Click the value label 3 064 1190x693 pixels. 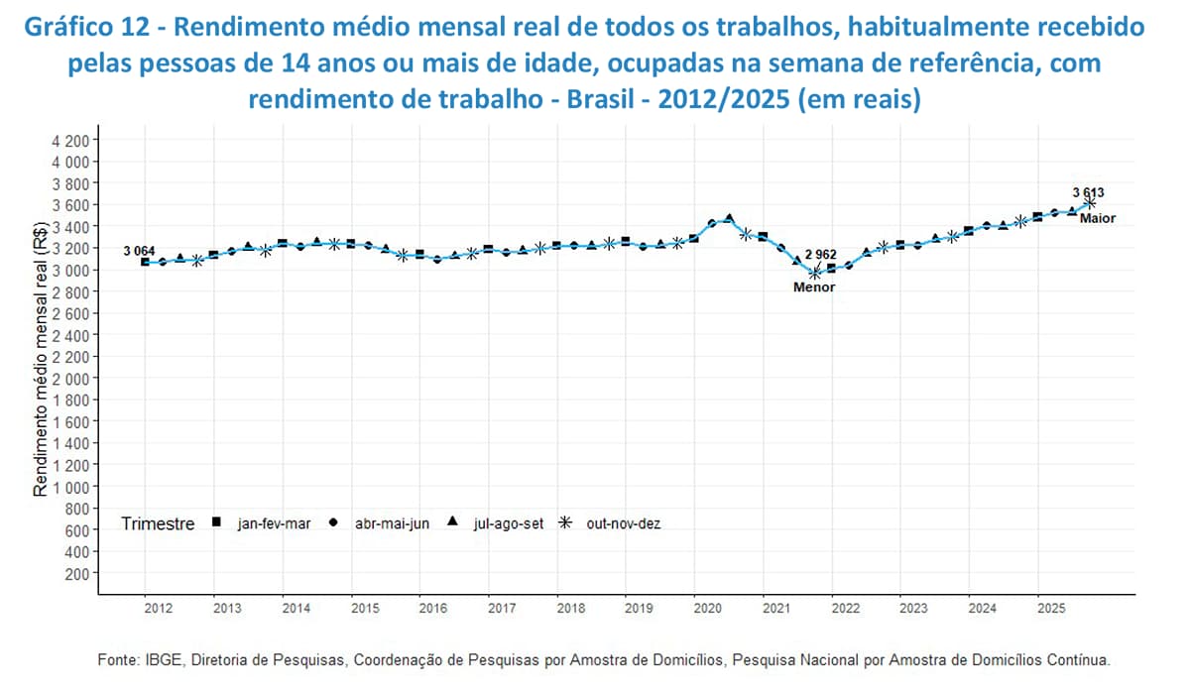click(x=138, y=252)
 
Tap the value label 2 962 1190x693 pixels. click(x=820, y=255)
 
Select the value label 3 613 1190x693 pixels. click(x=1088, y=192)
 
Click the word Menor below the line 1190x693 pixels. click(x=814, y=288)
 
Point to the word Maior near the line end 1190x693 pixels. click(x=1099, y=218)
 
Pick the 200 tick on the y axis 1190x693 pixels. click(x=79, y=574)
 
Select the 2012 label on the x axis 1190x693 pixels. click(x=159, y=608)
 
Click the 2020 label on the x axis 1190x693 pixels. click(x=707, y=608)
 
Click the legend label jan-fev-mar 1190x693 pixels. click(x=275, y=523)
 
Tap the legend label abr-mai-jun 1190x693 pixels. click(x=392, y=523)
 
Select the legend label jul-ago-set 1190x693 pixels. click(x=509, y=523)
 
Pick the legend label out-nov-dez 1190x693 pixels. click(x=624, y=523)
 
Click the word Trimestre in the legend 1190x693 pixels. click(x=158, y=523)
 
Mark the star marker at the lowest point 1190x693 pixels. click(x=816, y=273)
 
